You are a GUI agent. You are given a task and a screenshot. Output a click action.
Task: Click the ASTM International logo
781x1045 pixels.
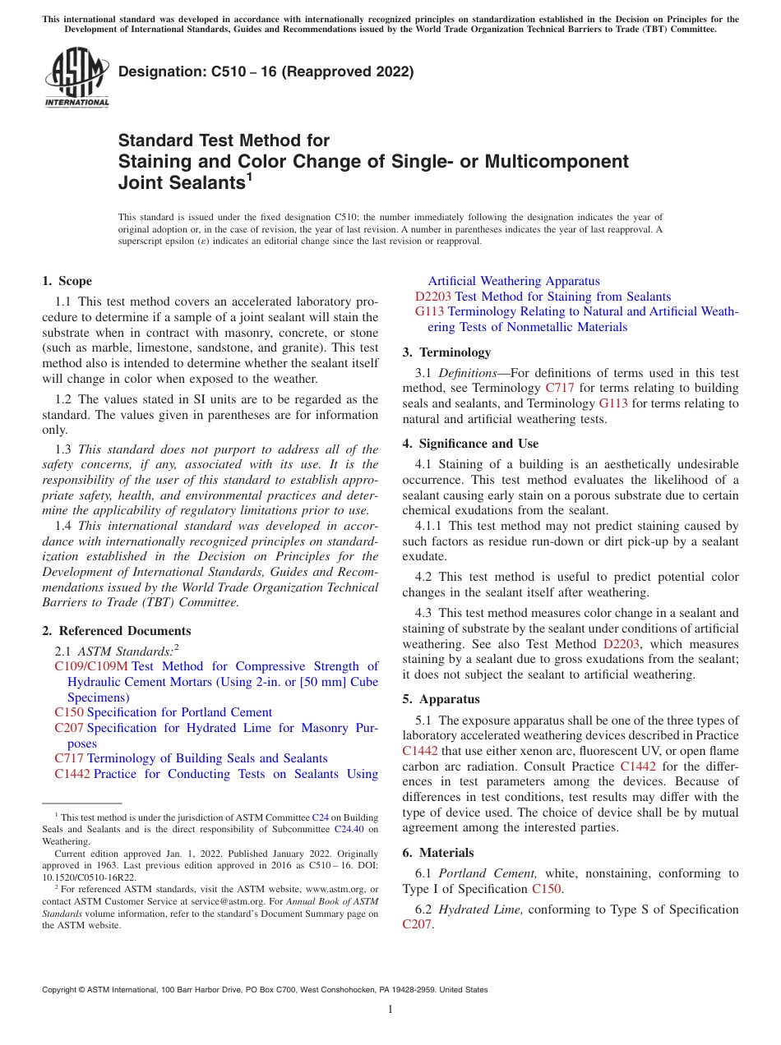point(76,79)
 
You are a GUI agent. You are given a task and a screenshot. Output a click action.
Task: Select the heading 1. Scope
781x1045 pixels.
point(67,281)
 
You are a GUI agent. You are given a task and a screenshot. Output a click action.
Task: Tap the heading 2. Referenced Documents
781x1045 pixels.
point(117,631)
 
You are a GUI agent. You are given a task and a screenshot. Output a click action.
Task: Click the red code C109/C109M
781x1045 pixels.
point(91,666)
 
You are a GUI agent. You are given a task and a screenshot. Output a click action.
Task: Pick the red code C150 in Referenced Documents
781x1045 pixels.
point(69,712)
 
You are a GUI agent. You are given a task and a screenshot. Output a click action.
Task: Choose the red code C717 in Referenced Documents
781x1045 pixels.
point(69,758)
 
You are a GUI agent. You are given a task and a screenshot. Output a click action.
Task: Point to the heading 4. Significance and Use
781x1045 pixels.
point(470,444)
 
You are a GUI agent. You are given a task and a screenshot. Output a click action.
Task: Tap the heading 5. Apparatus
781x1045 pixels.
point(441,699)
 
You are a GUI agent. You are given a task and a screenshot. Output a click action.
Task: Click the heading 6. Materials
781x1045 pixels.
point(438,853)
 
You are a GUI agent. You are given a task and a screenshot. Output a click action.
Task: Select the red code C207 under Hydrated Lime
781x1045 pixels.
point(417,925)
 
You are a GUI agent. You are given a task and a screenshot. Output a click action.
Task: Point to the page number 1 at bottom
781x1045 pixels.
point(390,1010)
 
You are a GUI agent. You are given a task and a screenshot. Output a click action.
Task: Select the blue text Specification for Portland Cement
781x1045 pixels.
point(179,712)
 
